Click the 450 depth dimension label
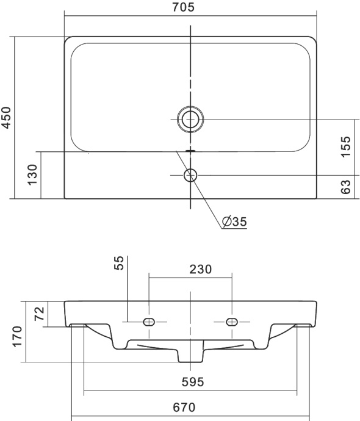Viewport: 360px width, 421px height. (x=7, y=118)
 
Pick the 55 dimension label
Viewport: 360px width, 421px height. (x=120, y=262)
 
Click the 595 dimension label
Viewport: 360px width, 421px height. (x=191, y=382)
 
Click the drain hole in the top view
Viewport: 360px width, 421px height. (x=191, y=118)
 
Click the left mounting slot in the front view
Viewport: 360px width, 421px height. (x=149, y=322)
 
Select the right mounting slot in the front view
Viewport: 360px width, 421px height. (x=232, y=322)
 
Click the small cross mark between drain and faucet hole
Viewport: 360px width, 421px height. (x=191, y=149)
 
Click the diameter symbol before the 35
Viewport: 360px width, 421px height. (x=226, y=221)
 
